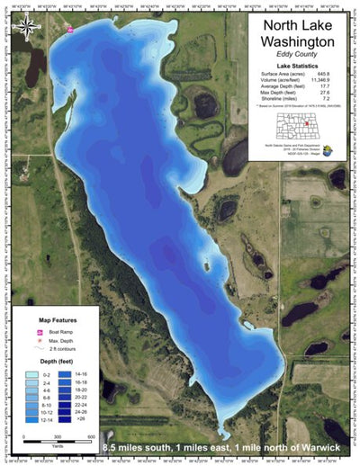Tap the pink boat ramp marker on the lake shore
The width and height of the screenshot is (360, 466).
click(69, 29)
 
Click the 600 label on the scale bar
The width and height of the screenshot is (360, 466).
click(92, 436)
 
